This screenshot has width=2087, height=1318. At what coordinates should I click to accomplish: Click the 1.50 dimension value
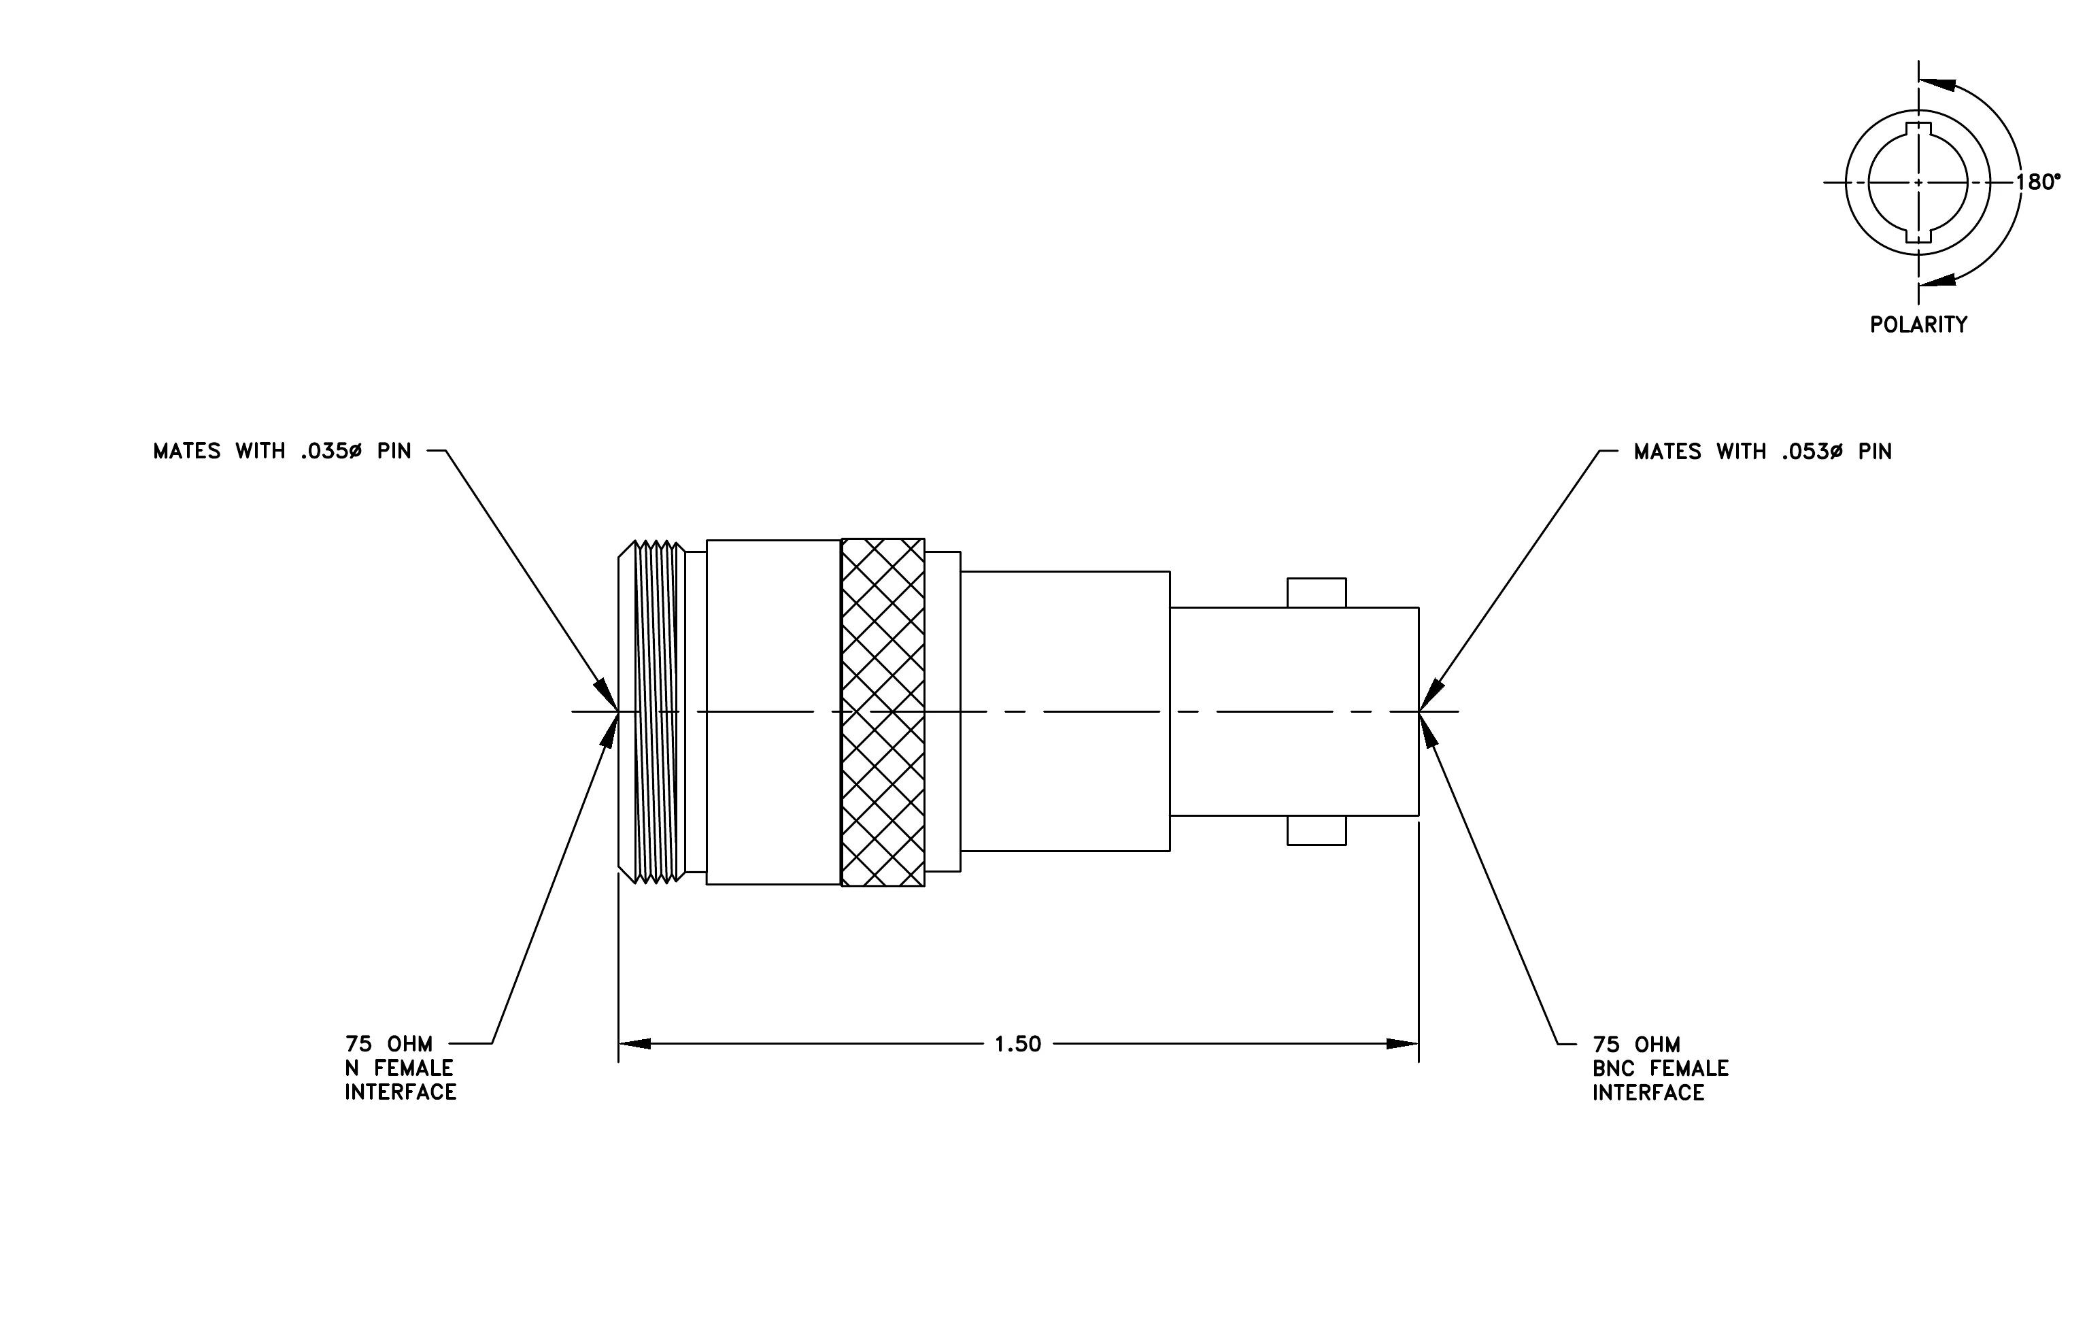tap(1017, 1044)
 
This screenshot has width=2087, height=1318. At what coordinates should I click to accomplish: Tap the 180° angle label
tap(2037, 182)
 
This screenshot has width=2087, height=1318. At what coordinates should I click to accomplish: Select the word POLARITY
tap(1918, 325)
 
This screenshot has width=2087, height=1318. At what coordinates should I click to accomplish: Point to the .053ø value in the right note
tap(1812, 452)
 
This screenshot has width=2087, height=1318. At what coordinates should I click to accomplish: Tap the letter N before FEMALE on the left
tap(352, 1068)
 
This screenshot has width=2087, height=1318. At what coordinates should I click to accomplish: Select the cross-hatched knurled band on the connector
tap(882, 712)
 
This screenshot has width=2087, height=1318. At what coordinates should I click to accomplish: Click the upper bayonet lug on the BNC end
tap(1317, 593)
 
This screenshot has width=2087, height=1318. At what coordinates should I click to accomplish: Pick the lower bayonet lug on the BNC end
tap(1317, 830)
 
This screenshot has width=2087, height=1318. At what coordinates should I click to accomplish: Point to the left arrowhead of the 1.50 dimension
tap(634, 1044)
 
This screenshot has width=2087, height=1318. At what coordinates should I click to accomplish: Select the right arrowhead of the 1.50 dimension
tap(1402, 1044)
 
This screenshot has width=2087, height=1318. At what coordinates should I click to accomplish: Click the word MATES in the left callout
tap(186, 452)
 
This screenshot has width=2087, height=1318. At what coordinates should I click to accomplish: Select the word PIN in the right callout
tap(1875, 452)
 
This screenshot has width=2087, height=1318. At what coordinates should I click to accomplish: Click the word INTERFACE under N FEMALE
tap(401, 1093)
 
